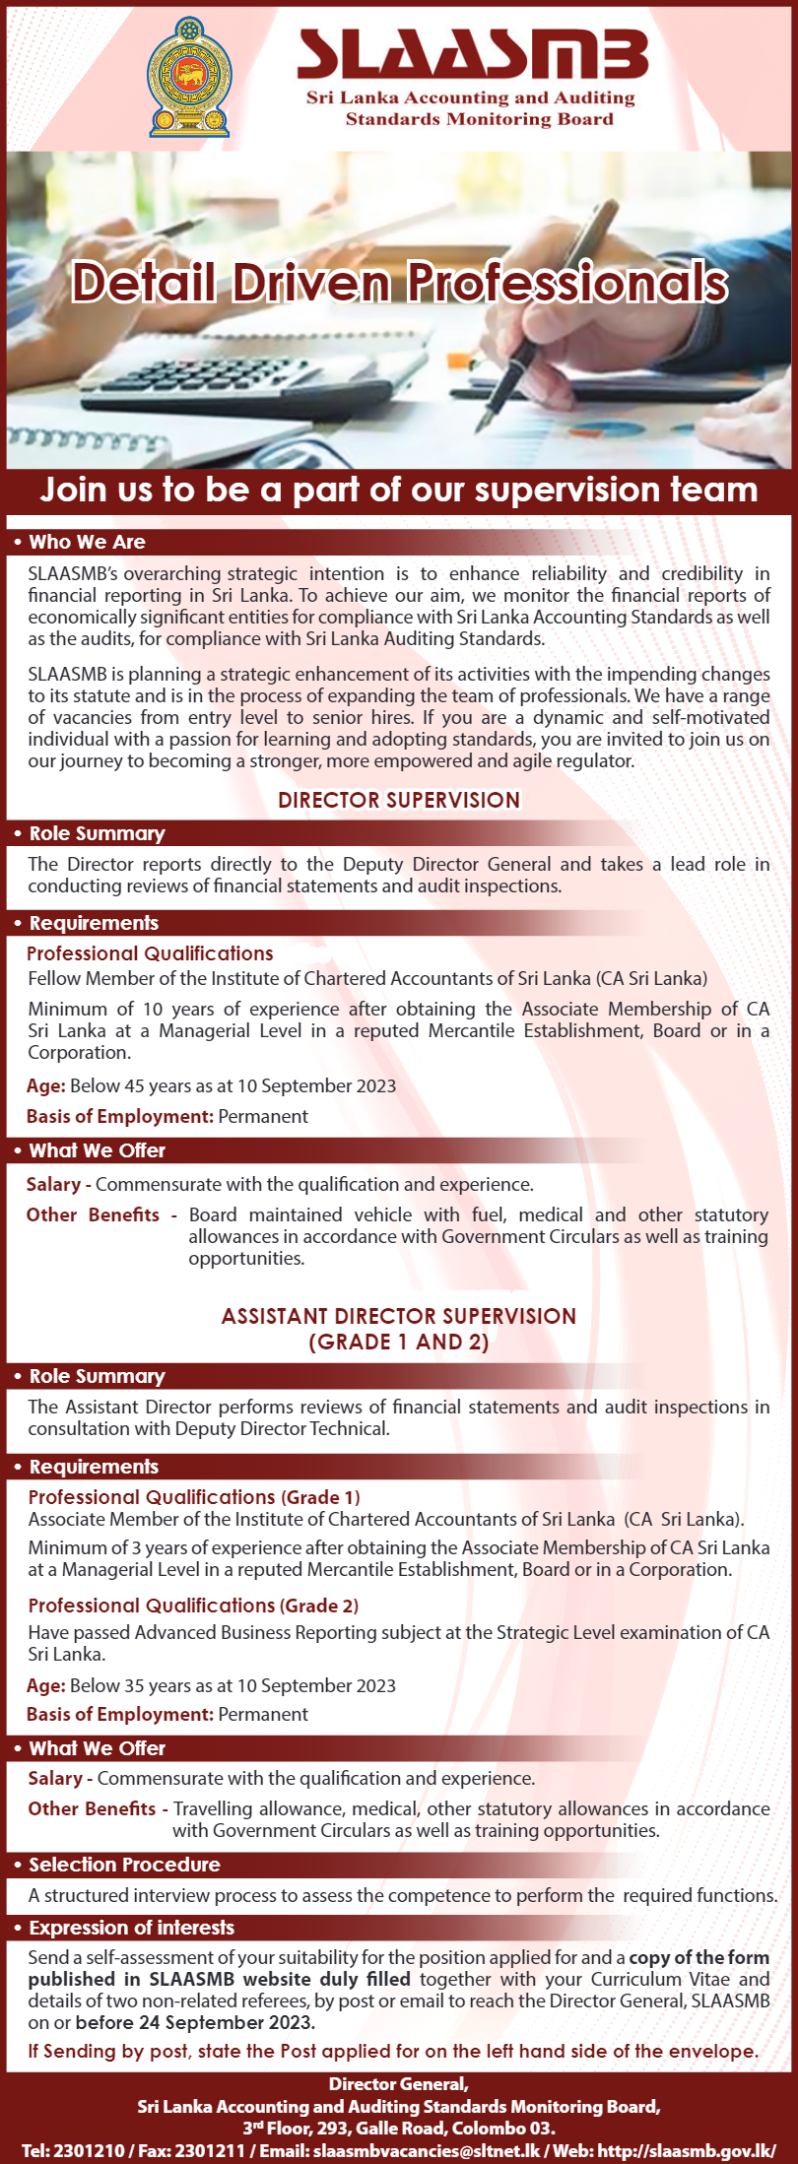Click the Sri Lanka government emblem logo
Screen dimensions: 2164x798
[x=188, y=76]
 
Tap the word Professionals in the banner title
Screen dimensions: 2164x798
[x=566, y=283]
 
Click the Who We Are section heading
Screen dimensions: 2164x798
[x=87, y=542]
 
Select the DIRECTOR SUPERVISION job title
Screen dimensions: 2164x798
[x=398, y=800]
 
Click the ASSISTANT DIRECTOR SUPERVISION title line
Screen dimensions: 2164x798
[x=398, y=1316]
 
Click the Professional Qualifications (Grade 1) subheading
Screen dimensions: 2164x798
[x=193, y=1497]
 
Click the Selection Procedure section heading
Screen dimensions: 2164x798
[x=124, y=1865]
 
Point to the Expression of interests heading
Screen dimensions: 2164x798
[x=131, y=1928]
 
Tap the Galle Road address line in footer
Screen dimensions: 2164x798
[x=398, y=2129]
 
